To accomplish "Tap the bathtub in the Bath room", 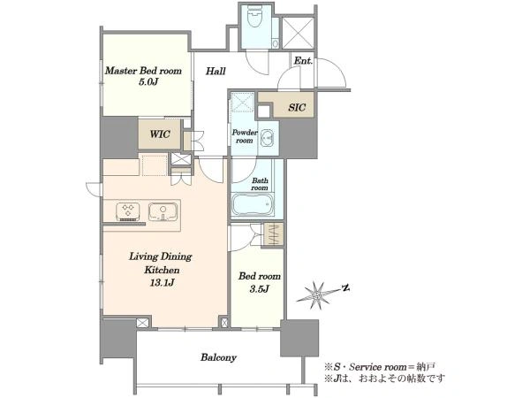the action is [253, 204].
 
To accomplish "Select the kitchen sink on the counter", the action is [163, 211].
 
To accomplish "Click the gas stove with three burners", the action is [128, 211].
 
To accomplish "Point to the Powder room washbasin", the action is [268, 137].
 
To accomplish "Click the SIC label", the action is [297, 108].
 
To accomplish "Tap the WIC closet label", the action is [160, 134].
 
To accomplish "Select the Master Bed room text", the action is [143, 71].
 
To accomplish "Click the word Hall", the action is [216, 71].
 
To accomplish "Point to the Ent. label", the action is [303, 61].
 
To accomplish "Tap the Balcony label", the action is [218, 357].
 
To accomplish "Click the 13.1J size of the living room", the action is [163, 283].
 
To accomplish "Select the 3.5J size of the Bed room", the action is [259, 288].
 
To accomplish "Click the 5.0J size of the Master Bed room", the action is [148, 81].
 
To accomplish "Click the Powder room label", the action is [245, 136].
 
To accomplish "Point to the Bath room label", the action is [259, 184].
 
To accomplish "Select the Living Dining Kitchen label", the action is [161, 263].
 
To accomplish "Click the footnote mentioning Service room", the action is [380, 366].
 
